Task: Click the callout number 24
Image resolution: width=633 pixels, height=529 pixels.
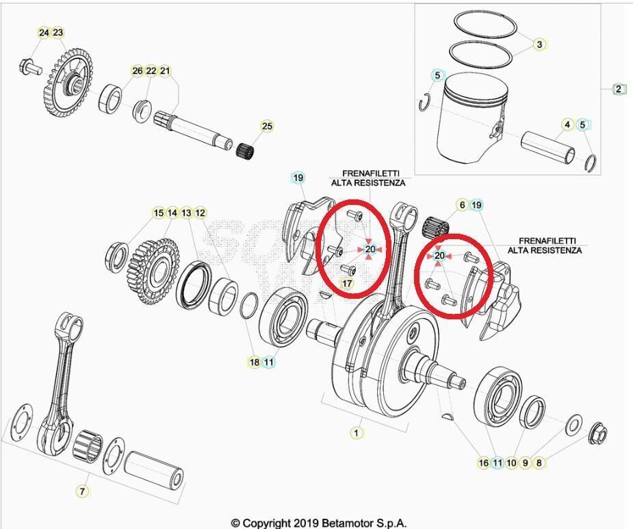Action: (x=44, y=33)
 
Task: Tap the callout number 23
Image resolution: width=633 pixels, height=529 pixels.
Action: (x=57, y=33)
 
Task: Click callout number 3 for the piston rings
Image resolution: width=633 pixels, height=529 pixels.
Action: (x=539, y=45)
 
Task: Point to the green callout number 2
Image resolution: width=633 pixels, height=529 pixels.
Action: (x=619, y=89)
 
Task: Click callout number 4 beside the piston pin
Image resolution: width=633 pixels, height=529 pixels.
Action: (x=567, y=125)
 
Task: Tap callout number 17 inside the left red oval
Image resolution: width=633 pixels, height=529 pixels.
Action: (x=347, y=283)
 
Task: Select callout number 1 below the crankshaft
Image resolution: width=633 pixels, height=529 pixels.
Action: (x=356, y=432)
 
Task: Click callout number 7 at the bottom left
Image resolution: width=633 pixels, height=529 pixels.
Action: (x=82, y=491)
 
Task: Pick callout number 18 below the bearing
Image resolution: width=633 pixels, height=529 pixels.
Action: (x=254, y=362)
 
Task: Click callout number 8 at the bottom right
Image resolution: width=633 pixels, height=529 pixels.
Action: (x=539, y=463)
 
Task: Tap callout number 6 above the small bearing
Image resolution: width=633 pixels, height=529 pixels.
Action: (x=462, y=205)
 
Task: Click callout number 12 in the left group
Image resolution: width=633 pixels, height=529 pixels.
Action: (x=200, y=213)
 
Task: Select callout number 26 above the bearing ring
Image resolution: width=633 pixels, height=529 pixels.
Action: (x=138, y=71)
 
